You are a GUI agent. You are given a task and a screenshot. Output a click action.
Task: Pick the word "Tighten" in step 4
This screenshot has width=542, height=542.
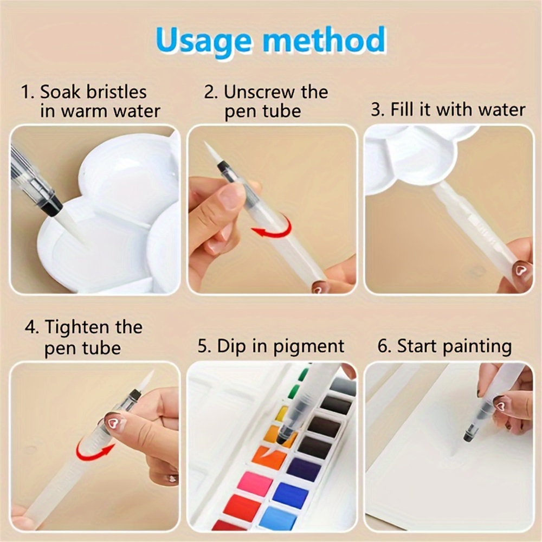tap(94, 327)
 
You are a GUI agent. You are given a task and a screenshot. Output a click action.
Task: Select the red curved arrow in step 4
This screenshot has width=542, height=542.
tap(94, 449)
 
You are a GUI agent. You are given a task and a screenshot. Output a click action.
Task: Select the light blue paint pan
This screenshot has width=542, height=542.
tap(278, 517)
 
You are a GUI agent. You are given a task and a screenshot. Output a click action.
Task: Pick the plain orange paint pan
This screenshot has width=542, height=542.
tap(269, 457)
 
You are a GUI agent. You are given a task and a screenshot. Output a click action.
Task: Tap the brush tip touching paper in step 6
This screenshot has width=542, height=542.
tap(467, 435)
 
